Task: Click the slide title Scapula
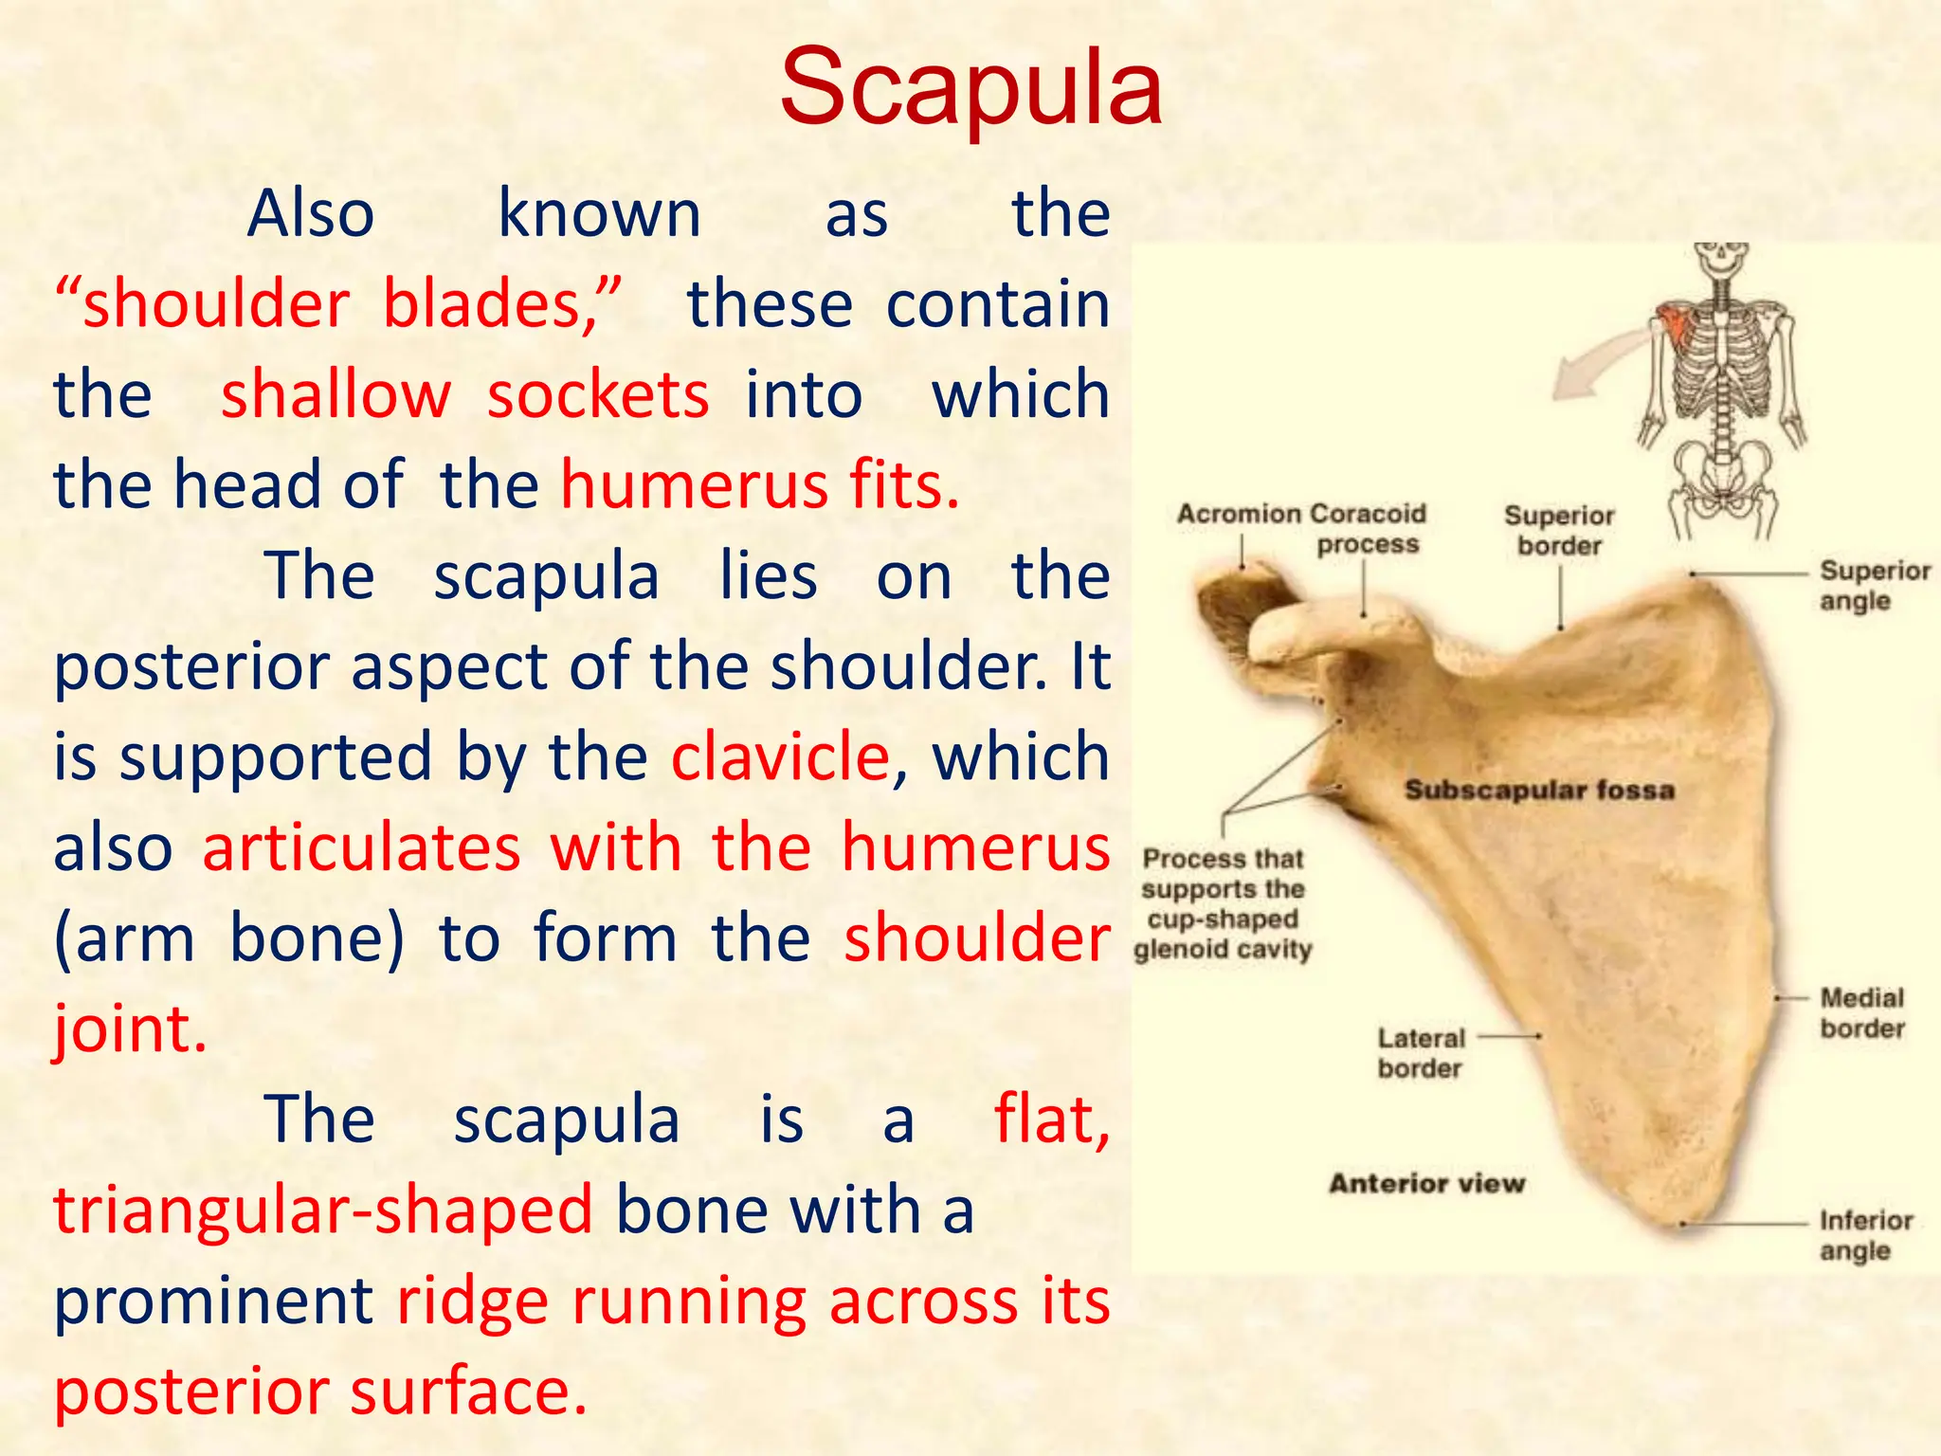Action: point(970,87)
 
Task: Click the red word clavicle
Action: point(780,757)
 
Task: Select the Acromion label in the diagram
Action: point(1238,514)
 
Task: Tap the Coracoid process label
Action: point(1369,529)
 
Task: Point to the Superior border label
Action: point(1559,530)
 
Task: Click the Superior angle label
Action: point(1874,585)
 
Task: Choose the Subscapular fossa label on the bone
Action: point(1539,790)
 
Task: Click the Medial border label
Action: point(1861,1012)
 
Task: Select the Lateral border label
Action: point(1421,1052)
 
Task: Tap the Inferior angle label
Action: point(1865,1235)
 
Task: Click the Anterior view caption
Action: point(1426,1183)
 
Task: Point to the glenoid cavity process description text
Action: point(1223,903)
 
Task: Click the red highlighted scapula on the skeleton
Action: point(1675,327)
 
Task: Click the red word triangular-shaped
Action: point(323,1210)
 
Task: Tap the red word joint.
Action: point(130,1029)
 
